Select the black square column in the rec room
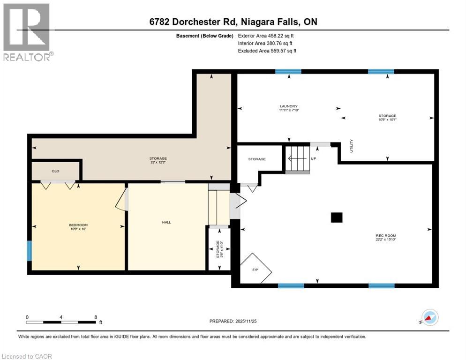[336, 217]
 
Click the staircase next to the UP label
[298, 159]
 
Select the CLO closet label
[55, 171]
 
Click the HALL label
[166, 222]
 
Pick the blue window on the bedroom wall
[30, 251]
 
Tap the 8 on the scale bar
[96, 317]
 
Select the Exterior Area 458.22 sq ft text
[266, 36]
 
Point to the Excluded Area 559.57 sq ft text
[267, 51]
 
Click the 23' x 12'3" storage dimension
[158, 162]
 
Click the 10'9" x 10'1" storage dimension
[387, 120]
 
